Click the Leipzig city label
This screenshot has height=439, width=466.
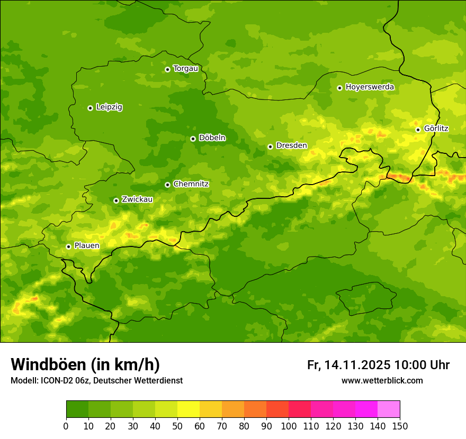109,107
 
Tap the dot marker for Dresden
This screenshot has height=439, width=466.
270,147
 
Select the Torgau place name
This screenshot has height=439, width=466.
185,69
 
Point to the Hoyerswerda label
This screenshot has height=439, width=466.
370,87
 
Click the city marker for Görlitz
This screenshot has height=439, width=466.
418,130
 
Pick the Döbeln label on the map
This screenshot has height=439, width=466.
212,138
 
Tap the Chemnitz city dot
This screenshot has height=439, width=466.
167,185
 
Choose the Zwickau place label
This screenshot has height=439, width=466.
137,199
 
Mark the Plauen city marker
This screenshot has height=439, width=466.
68,246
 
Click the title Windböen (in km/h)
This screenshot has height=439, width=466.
85,364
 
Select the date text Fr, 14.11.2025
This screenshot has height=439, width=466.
348,365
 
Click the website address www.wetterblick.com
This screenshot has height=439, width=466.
382,380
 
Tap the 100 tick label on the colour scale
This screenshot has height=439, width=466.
289,426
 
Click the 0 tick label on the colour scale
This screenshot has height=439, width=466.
66,426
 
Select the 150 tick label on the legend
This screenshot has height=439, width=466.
400,426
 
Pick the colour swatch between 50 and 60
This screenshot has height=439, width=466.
189,409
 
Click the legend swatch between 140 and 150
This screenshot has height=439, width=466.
389,409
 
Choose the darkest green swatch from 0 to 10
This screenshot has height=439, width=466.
77,409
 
